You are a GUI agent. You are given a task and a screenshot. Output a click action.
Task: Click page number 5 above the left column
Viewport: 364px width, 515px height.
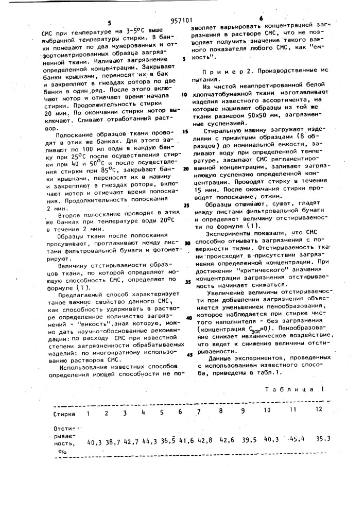[x=109, y=23]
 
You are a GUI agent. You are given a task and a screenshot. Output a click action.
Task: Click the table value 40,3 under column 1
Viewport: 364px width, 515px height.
[x=95, y=442]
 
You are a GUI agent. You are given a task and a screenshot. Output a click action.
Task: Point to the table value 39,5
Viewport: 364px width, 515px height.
[x=249, y=440]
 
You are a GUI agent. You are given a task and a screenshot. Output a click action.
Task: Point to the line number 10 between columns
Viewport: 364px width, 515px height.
[x=184, y=95]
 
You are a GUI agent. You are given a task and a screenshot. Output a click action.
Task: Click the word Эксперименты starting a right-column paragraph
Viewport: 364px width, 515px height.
[x=235, y=234]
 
